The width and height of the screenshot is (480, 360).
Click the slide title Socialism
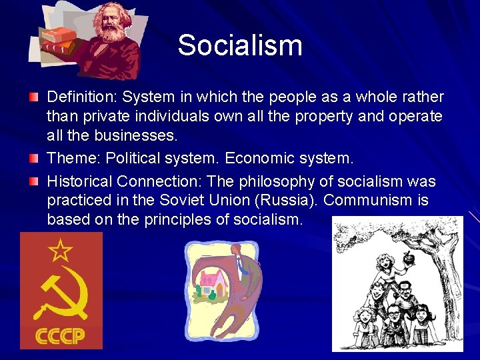240,45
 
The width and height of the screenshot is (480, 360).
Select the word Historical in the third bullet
79,181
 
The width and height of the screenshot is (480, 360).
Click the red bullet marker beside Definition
33,97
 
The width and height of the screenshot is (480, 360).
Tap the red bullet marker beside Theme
33,159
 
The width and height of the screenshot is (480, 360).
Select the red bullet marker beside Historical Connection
33,181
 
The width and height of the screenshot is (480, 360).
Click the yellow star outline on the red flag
61,251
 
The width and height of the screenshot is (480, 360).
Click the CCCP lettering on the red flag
61,335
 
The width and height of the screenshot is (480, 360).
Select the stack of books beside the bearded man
56,40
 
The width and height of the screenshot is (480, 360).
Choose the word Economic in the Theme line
254,159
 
